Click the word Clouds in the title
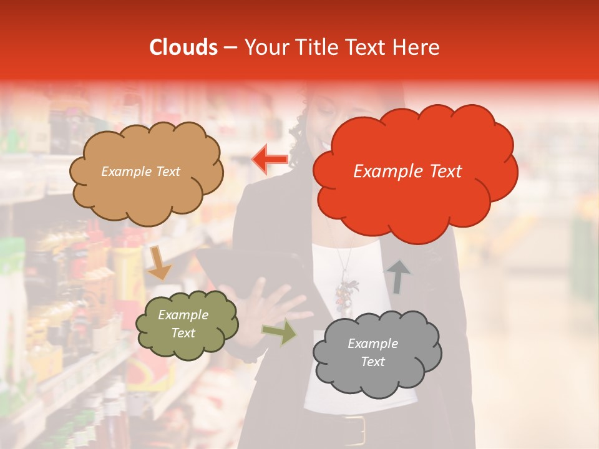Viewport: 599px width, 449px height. tap(183, 47)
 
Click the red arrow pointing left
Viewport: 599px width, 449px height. tap(270, 159)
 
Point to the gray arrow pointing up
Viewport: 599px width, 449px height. tap(399, 277)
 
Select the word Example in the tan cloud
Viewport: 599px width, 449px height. tap(125, 171)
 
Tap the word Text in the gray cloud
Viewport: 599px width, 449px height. tap(373, 362)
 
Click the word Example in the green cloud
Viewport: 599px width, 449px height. tap(183, 315)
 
